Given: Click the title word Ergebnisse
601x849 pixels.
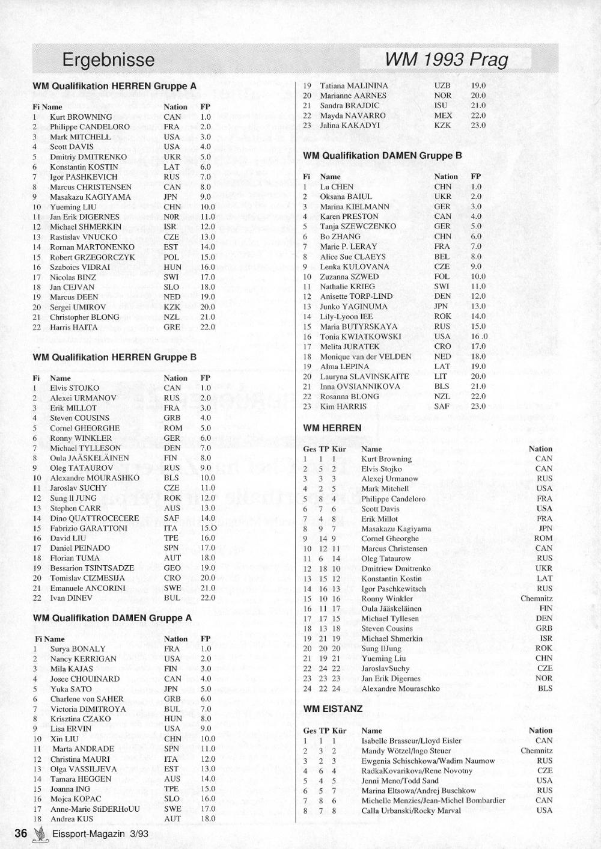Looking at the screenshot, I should [108, 60].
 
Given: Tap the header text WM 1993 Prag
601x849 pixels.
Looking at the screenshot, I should [446, 60].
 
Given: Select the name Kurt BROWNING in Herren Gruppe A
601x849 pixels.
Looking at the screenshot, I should [81, 117].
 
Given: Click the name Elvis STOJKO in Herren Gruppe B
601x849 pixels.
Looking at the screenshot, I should [75, 388].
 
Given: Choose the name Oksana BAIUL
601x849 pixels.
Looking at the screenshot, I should [346, 197].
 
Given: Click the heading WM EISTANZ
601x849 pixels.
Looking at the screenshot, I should [333, 709].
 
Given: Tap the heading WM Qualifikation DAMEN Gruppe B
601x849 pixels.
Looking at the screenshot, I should [382, 155].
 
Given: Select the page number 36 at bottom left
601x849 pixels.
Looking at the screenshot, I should [21, 833].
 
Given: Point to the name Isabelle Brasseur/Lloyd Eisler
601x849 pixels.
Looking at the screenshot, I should [411, 741].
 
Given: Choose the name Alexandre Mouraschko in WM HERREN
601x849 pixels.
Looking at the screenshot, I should [400, 689].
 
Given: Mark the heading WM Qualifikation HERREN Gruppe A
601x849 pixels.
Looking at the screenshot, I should [114, 86].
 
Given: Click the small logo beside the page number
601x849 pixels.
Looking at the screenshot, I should [40, 834].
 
